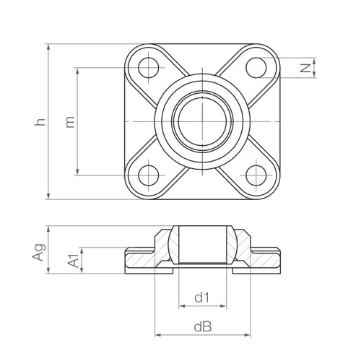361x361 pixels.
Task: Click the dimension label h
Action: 41,121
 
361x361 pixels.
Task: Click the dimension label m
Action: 70,121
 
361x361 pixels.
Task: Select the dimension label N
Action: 306,69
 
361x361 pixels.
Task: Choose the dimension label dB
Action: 202,327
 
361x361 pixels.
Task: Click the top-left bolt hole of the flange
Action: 149,67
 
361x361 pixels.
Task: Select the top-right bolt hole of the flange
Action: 256,67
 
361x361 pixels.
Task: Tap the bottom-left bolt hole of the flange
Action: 149,174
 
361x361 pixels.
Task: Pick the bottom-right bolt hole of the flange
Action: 256,174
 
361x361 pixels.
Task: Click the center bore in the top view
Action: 203,121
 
